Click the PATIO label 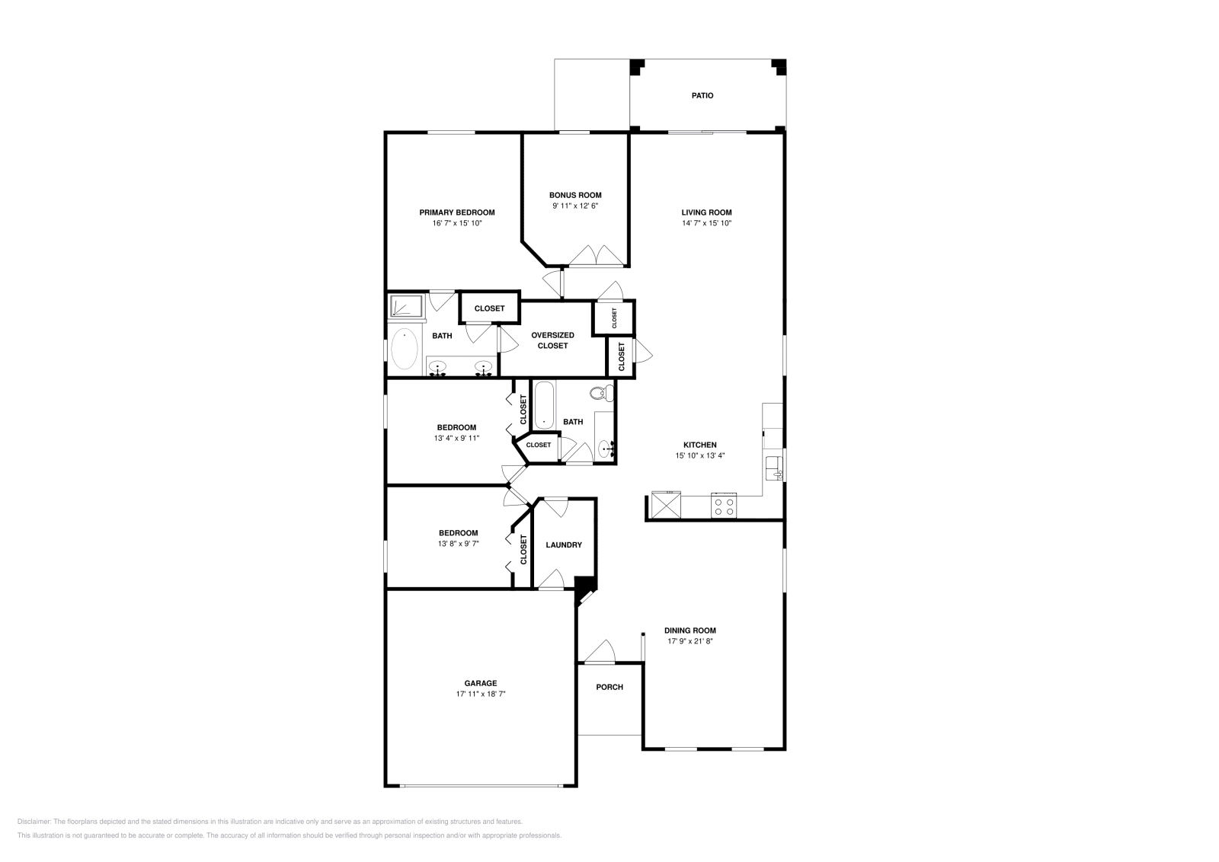click(702, 96)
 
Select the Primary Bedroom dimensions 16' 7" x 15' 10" click(456, 223)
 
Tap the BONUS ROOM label click(575, 195)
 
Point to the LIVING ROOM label click(706, 212)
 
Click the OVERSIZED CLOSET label click(552, 340)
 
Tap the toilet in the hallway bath click(600, 394)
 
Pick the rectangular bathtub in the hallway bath click(544, 405)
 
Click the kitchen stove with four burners click(724, 506)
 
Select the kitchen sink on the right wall click(774, 466)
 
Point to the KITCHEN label click(699, 445)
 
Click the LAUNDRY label click(564, 544)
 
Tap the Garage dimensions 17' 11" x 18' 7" click(481, 694)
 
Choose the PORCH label click(609, 687)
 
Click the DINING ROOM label click(690, 631)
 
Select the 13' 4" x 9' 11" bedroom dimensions click(456, 438)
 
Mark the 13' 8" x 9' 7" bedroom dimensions click(458, 543)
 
